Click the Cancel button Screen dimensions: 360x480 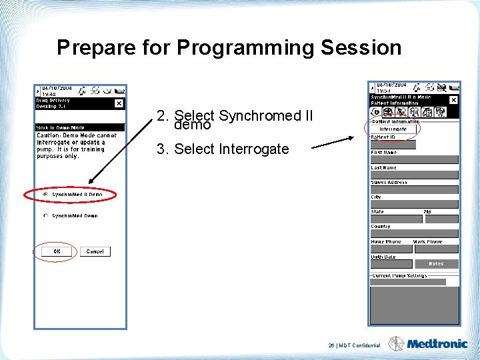coord(95,251)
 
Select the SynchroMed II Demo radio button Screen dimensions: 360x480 coord(45,195)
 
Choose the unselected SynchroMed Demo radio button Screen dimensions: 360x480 coord(45,216)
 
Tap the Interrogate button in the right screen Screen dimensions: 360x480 coord(393,129)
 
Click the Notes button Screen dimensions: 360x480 coord(436,264)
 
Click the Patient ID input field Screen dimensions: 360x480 coord(393,145)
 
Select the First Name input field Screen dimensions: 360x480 coord(414,160)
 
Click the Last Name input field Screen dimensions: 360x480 coord(414,175)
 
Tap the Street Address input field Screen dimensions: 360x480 coord(414,189)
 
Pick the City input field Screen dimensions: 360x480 coord(414,204)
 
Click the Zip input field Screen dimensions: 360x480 coord(441,219)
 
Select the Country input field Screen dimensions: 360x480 coord(414,234)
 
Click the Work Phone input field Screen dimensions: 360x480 coord(436,249)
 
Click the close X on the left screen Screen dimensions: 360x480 coord(119,103)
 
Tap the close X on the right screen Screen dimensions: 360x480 coord(453,100)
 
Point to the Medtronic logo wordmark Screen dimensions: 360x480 coord(437,345)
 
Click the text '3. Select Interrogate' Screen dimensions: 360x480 coord(223,149)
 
